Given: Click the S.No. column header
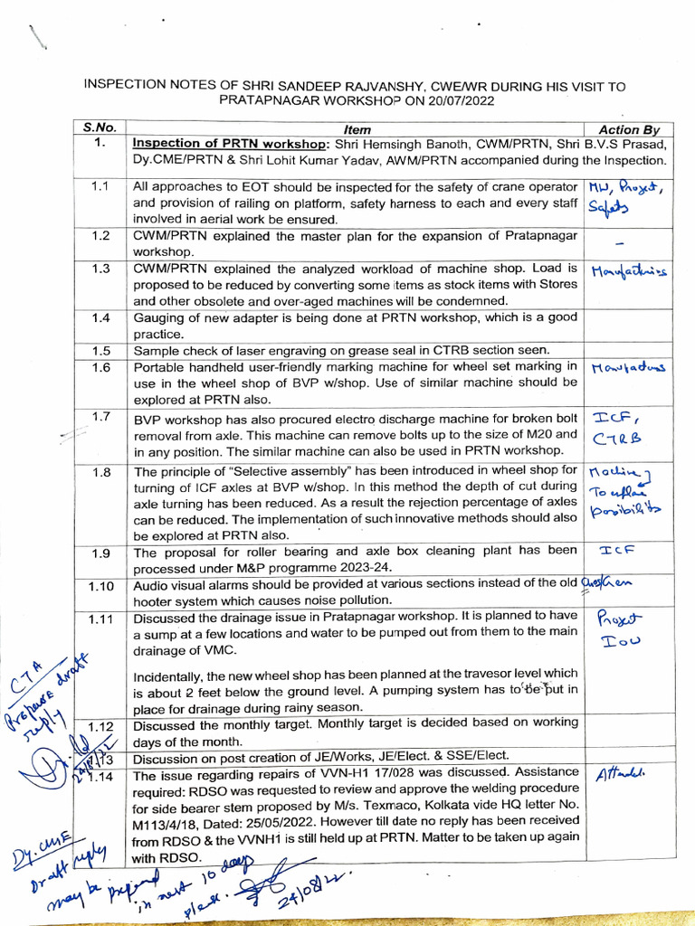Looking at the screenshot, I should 100,128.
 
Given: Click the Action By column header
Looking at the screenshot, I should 624,129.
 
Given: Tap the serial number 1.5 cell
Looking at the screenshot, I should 100,350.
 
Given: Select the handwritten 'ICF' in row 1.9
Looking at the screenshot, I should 617,549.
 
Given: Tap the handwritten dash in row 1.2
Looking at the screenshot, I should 619,243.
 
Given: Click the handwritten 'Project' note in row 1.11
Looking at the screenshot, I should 618,619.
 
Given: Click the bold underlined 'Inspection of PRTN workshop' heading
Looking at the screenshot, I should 230,144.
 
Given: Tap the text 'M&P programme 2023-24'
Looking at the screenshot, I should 274,568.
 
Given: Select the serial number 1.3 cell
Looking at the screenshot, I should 100,269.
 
